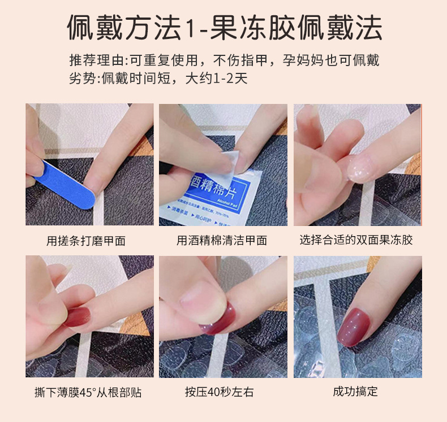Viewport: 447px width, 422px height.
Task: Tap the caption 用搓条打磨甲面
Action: pyautogui.click(x=86, y=241)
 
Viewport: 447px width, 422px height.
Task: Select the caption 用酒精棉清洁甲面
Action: pyautogui.click(x=222, y=241)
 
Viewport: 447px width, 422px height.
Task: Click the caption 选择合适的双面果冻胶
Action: pyautogui.click(x=356, y=240)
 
